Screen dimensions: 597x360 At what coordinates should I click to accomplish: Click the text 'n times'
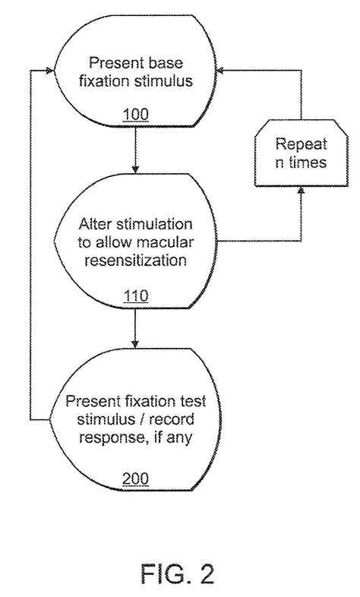tap(300, 163)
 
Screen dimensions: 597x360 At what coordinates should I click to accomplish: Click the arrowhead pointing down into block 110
tap(134, 169)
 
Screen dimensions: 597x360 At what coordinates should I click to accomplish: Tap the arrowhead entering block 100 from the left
tap(52, 71)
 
